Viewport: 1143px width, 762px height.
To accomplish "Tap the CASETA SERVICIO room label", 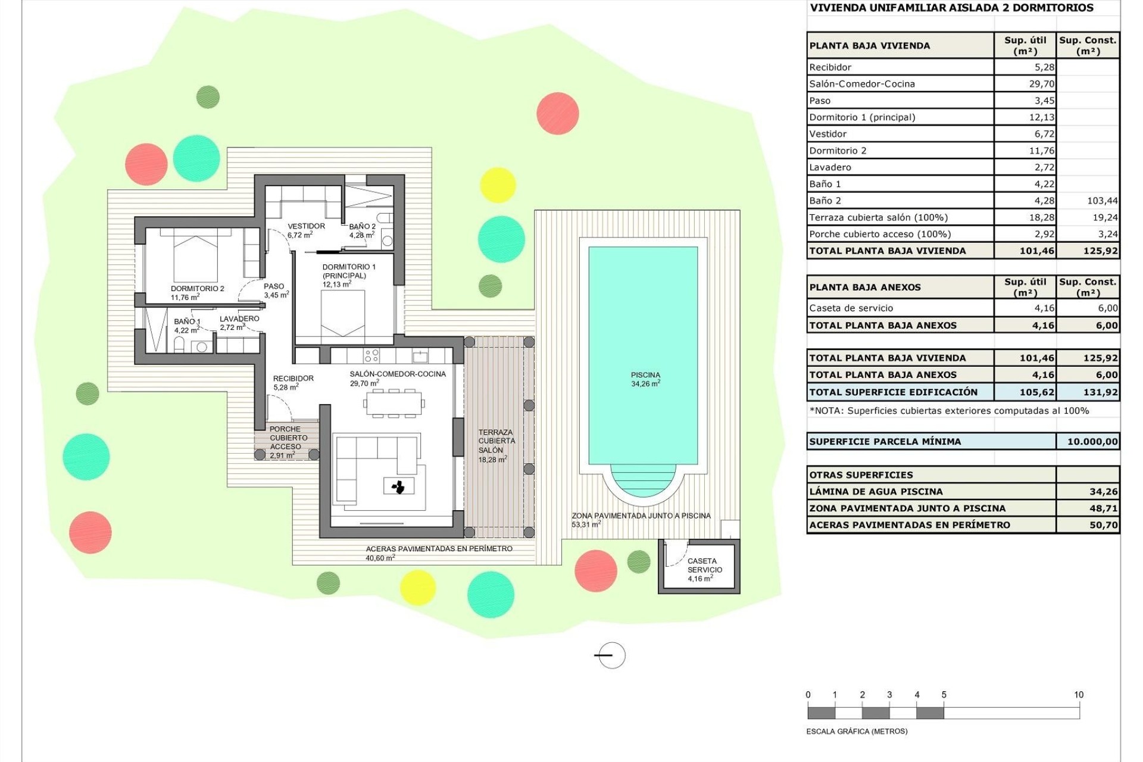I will pos(704,569).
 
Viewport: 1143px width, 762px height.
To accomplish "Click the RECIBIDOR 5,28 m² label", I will pos(293,382).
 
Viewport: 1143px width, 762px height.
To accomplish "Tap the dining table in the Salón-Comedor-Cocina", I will pos(394,403).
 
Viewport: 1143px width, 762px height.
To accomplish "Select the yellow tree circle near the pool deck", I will pos(497,185).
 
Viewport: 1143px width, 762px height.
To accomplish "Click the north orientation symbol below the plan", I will pos(611,655).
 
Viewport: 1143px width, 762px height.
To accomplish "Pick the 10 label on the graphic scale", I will pos(1078,695).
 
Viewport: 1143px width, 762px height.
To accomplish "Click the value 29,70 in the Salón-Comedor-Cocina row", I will pos(1041,84).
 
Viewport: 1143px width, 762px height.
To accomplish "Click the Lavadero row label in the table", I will pos(830,167).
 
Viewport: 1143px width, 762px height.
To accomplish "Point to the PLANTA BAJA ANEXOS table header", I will pos(864,287).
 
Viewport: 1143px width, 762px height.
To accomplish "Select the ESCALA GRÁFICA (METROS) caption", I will pos(856,731).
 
